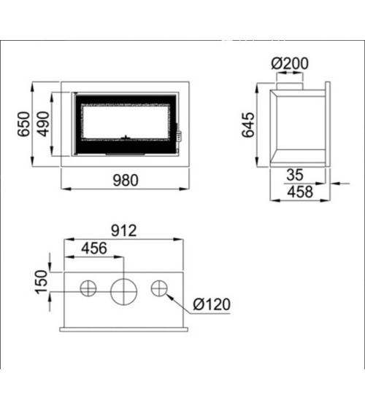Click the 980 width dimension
coord(126,181)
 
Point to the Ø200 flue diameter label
coord(290,63)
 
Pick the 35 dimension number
coord(294,176)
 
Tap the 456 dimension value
coord(93,248)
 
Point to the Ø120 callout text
coord(212,304)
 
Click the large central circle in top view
coord(123,289)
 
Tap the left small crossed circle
coord(88,288)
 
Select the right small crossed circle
coord(158,288)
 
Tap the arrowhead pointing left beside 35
coord(334,184)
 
